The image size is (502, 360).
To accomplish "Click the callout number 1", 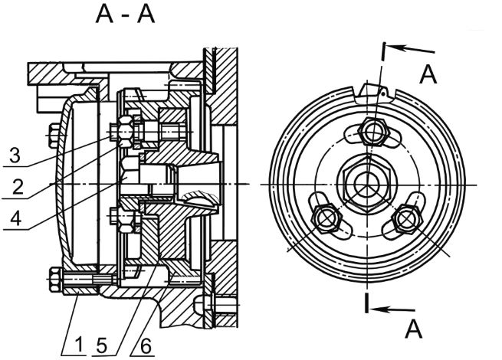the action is click(79, 345).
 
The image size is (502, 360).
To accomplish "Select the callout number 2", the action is click(18, 187).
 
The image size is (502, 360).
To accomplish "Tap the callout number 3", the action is click(15, 155).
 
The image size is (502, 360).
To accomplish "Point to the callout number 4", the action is click(16, 218).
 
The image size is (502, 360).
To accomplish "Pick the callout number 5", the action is click(101, 345).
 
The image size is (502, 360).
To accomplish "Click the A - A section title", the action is click(125, 15).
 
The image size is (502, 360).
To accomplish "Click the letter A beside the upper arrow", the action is click(428, 74).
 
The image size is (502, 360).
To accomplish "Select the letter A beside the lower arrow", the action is click(414, 329).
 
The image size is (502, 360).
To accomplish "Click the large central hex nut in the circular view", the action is click(367, 185).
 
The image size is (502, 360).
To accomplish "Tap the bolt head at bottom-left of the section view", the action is click(55, 280).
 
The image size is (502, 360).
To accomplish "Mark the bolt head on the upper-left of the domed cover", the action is click(54, 136).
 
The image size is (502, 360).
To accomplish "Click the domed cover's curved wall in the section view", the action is click(60, 184).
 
